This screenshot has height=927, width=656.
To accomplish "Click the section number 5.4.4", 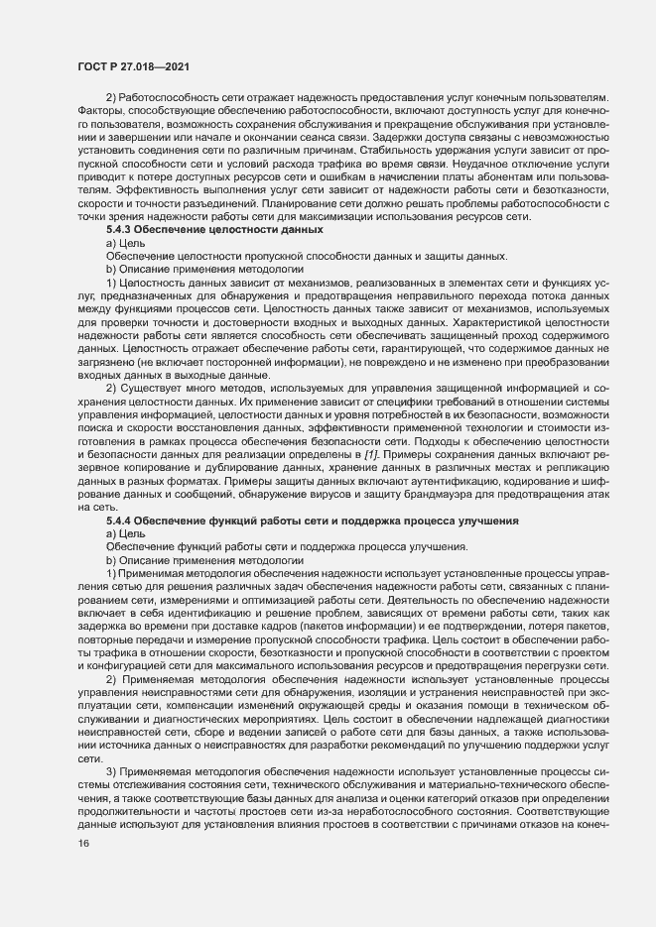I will pos(122,521).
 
